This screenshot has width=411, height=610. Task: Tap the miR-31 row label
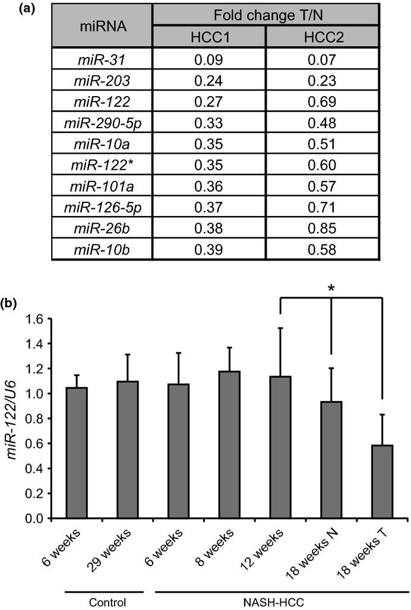(102, 59)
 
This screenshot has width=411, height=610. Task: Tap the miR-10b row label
(102, 249)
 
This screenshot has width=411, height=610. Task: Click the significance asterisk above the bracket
(331, 287)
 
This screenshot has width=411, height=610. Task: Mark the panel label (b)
(11, 303)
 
